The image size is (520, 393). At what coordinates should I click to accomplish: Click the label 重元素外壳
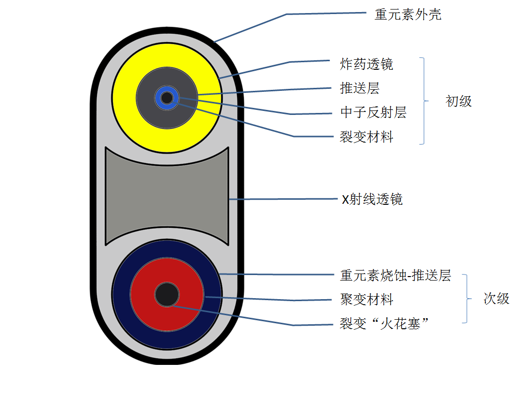tap(408, 15)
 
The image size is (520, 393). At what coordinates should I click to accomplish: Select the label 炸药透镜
tap(366, 64)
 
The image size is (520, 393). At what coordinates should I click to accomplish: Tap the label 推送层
tap(360, 89)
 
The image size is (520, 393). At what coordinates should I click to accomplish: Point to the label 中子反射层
tap(373, 112)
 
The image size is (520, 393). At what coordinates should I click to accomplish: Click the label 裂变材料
tap(366, 137)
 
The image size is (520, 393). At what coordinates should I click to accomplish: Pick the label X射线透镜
tap(372, 199)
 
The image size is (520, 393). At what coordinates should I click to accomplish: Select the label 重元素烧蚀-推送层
tap(395, 276)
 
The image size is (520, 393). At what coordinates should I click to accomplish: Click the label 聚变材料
tap(366, 300)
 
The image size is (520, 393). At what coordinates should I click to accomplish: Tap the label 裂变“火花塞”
tap(386, 324)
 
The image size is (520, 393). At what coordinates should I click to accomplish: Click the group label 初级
tap(458, 101)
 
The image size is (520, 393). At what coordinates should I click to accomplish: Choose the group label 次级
tap(496, 299)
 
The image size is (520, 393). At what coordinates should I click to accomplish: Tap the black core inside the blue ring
tap(167, 97)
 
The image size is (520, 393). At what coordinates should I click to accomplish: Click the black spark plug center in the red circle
tap(167, 295)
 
